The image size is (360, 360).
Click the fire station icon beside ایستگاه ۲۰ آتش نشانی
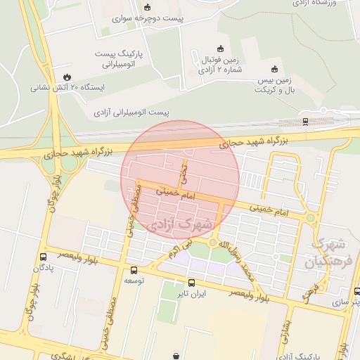(x=67, y=77)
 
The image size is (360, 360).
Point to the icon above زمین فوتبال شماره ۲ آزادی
(x=221, y=49)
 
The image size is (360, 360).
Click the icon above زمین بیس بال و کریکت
(x=274, y=69)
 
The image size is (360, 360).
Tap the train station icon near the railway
(x=304, y=120)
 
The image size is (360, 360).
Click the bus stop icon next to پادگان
(x=44, y=257)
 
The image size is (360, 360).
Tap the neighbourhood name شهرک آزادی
(x=176, y=224)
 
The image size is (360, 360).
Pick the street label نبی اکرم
(x=179, y=248)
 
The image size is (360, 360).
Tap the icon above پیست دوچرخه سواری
(x=147, y=7)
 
